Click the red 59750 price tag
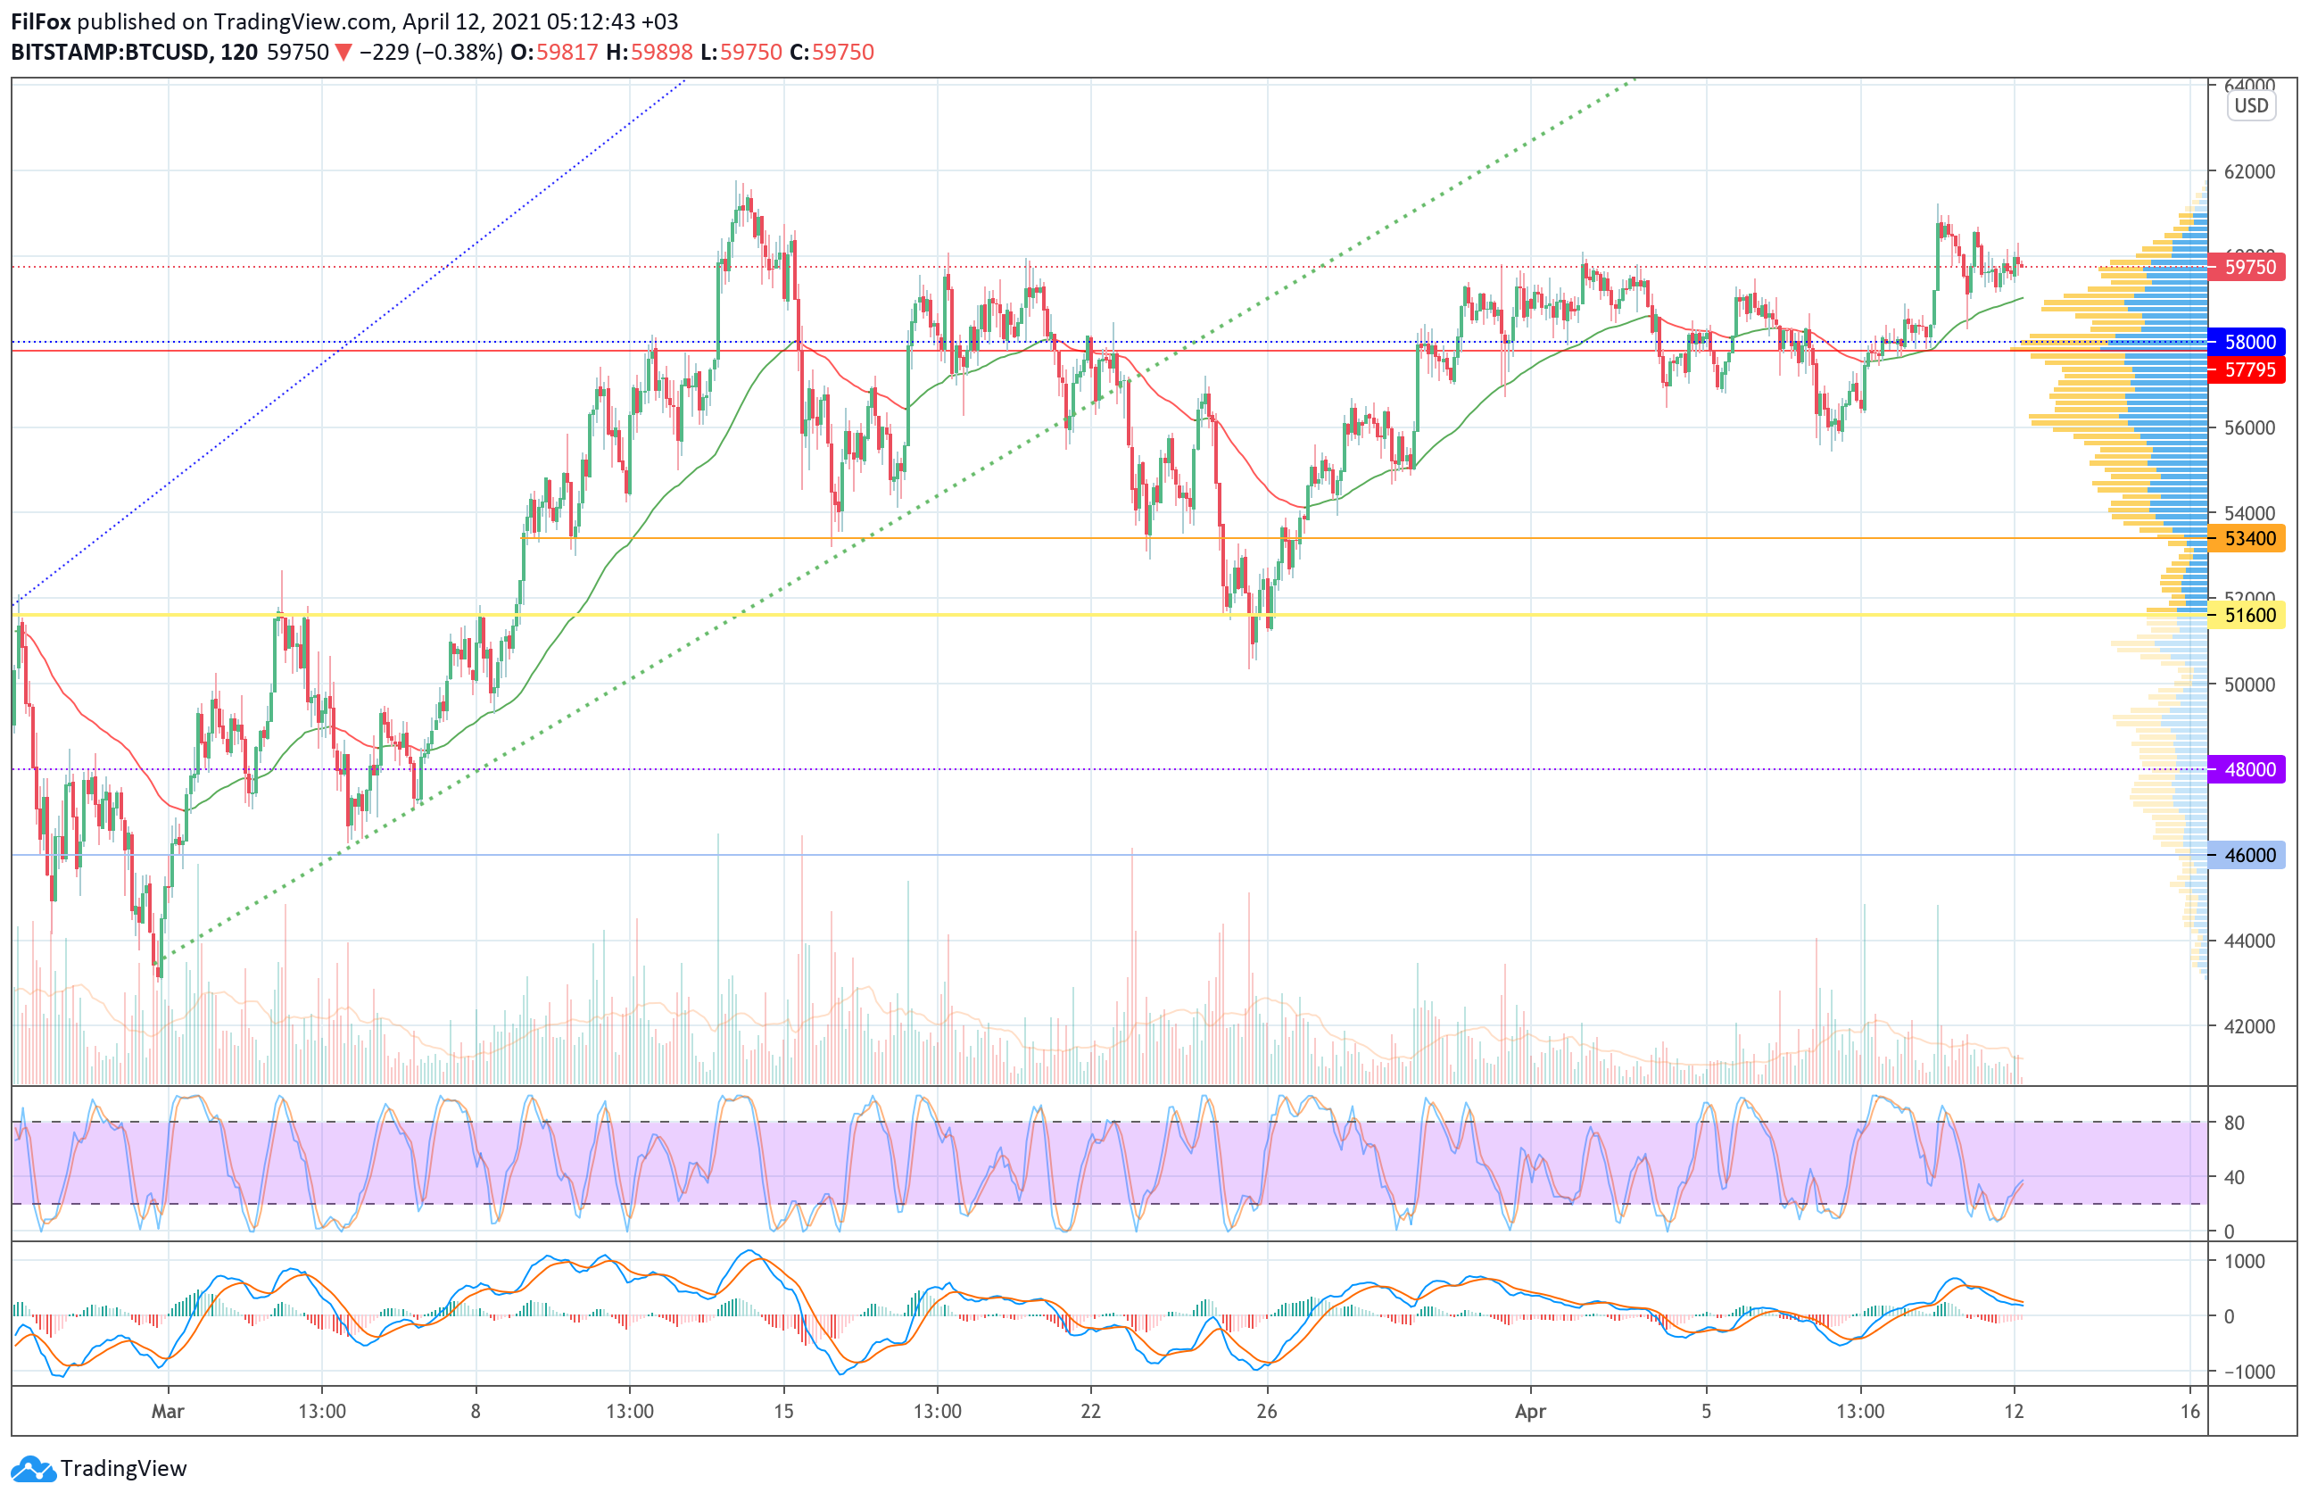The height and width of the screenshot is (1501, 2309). click(2249, 267)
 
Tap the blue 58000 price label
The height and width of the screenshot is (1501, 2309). click(2249, 342)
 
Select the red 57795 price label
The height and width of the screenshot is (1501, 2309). click(2249, 369)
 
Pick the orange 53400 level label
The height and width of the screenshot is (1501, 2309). click(2249, 538)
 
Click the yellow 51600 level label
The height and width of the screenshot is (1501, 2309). click(2249, 615)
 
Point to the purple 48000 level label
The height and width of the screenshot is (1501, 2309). click(2249, 769)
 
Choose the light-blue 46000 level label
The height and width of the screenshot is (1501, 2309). click(2249, 855)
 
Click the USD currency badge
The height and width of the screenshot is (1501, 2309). click(2251, 106)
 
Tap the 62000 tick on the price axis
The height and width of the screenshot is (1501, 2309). click(2249, 171)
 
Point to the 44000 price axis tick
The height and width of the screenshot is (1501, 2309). click(2249, 941)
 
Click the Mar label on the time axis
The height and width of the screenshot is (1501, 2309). click(168, 1411)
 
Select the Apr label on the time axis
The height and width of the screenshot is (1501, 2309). click(1530, 1411)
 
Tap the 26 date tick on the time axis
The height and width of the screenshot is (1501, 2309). click(1266, 1411)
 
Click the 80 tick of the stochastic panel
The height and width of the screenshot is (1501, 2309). click(2234, 1123)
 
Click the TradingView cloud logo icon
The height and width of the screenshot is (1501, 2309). click(33, 1469)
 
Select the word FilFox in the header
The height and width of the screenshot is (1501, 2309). click(41, 21)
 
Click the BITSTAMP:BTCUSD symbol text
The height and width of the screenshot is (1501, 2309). click(111, 53)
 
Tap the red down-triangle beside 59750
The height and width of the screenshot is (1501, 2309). click(343, 53)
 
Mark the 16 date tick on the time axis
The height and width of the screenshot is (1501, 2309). click(2189, 1411)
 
